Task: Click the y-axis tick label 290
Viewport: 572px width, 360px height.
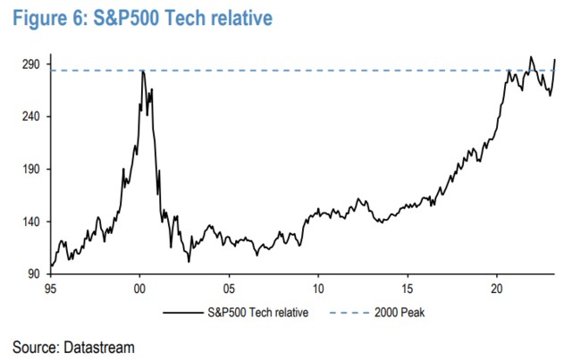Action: [x=30, y=64]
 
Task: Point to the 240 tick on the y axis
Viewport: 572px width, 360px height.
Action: [x=30, y=117]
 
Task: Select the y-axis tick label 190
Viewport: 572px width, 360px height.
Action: [x=30, y=169]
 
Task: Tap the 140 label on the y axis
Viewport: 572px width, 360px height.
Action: [x=30, y=222]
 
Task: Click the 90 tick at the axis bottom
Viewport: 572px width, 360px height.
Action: [x=33, y=273]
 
